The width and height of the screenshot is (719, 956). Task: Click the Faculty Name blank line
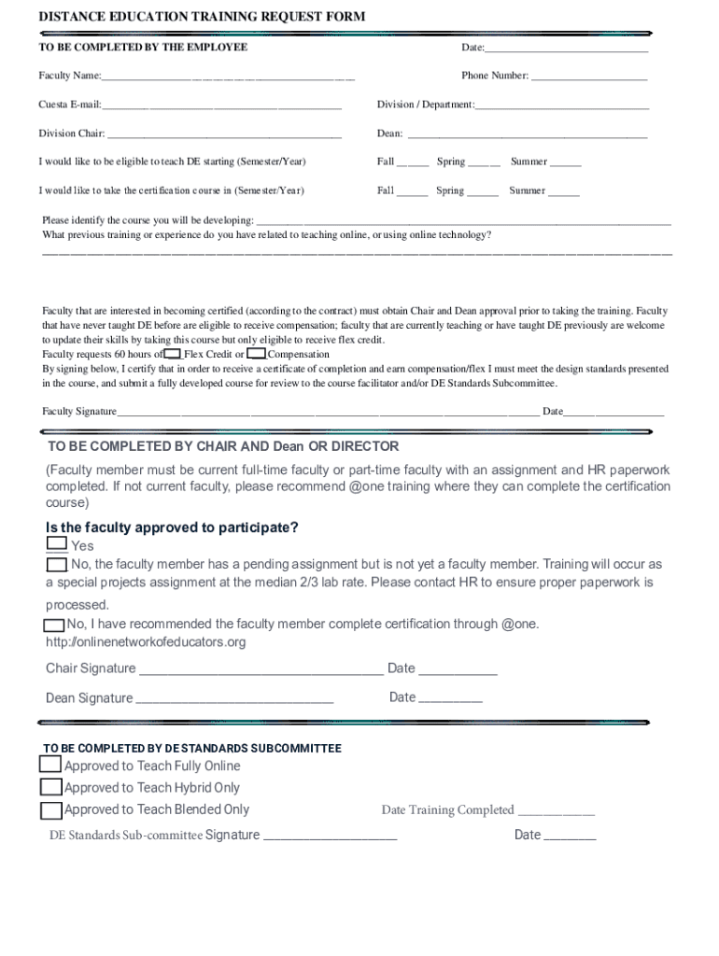229,77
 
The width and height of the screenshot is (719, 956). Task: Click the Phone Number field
588,77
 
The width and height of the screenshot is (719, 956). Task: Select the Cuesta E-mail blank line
222,105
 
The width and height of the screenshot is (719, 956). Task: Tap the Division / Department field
561,105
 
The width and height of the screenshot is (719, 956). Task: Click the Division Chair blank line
224,134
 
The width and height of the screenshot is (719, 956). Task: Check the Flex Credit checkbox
172,354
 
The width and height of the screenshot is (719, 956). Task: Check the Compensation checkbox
257,354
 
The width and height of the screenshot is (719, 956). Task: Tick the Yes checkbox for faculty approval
56,544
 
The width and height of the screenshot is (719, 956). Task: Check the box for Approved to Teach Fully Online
51,765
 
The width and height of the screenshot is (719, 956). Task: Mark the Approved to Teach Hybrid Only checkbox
51,787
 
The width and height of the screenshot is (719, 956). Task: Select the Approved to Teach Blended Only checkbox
51,809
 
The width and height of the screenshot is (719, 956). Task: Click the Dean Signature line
234,699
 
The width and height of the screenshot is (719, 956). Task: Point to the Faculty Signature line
328,412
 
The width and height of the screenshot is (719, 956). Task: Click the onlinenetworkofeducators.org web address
147,642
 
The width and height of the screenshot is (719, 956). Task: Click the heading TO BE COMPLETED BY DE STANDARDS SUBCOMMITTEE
192,749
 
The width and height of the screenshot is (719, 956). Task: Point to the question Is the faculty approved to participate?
173,527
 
